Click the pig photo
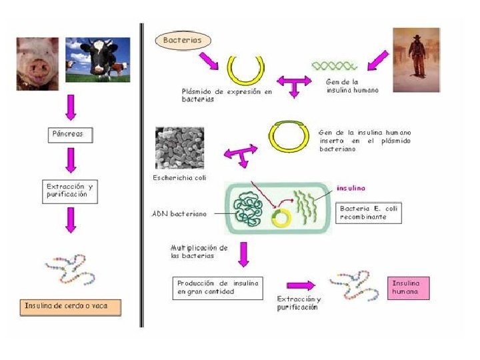pyautogui.click(x=37, y=63)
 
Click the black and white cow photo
pyautogui.click(x=97, y=61)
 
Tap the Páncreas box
pyautogui.click(x=69, y=135)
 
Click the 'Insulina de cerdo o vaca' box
pyautogui.click(x=71, y=307)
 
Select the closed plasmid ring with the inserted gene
pyautogui.click(x=290, y=137)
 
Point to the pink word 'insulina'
pyautogui.click(x=351, y=188)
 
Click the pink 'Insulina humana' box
pyautogui.click(x=409, y=288)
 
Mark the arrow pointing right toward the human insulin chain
pyautogui.click(x=299, y=285)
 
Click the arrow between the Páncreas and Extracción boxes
pyautogui.click(x=71, y=160)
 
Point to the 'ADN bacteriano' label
pyautogui.click(x=179, y=214)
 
